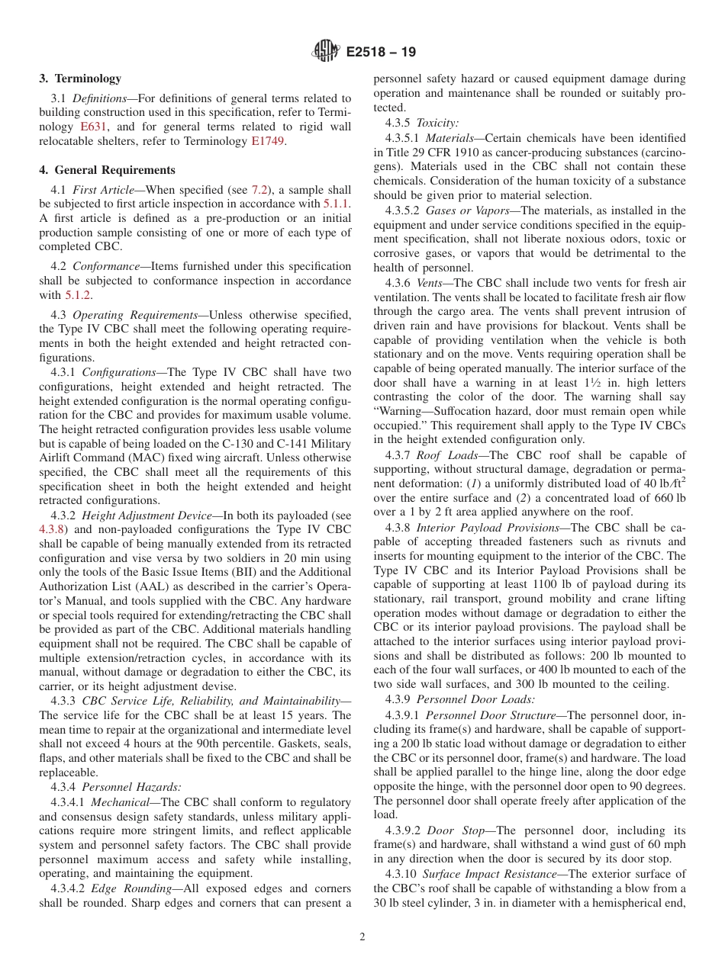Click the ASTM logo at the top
[x=326, y=53]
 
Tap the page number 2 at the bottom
[x=362, y=937]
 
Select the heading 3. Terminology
[x=80, y=79]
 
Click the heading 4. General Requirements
[x=108, y=170]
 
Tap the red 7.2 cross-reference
[x=260, y=190]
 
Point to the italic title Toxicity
[x=437, y=123]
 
